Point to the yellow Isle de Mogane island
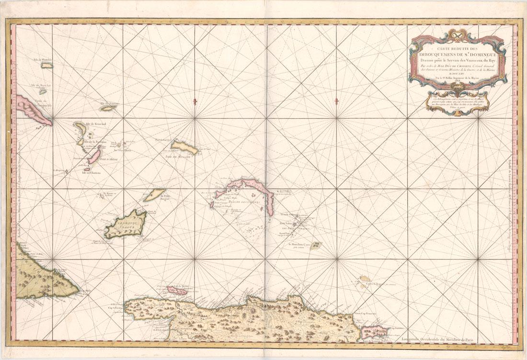184,146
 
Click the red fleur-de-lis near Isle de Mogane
194,102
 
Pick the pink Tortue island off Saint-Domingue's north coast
177,290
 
